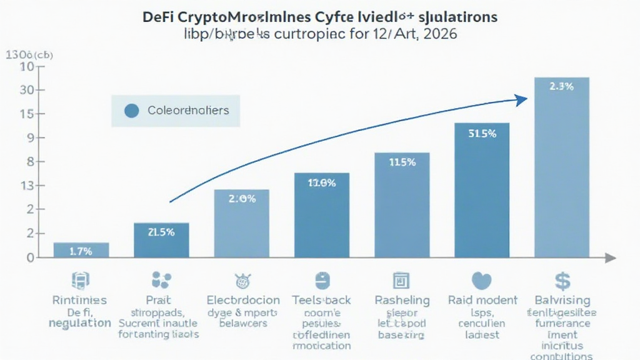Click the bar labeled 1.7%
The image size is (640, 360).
(x=81, y=250)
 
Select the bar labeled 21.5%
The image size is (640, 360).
(x=161, y=240)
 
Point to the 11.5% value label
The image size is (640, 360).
(x=402, y=162)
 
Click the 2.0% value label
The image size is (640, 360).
(x=241, y=199)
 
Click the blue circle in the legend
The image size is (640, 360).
(x=131, y=111)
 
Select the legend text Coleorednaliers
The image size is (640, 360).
(x=188, y=111)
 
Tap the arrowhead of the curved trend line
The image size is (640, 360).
(x=520, y=98)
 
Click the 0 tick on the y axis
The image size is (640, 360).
(x=28, y=257)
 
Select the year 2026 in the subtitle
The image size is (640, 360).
(x=439, y=34)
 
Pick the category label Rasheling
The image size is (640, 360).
(x=402, y=300)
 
